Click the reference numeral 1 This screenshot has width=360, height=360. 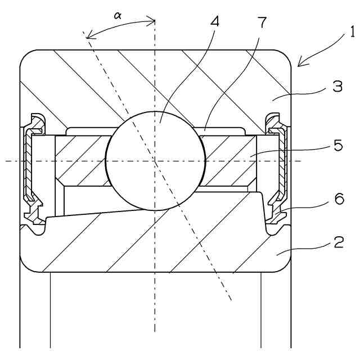352,31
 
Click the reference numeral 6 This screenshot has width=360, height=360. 339,199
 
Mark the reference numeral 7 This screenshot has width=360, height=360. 262,22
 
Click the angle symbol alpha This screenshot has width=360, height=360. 118,16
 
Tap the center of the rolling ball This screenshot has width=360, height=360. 155,161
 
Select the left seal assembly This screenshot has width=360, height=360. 31,169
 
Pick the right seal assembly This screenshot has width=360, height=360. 278,169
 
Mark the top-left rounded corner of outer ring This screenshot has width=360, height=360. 26,56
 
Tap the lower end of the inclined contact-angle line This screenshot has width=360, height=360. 231,299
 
